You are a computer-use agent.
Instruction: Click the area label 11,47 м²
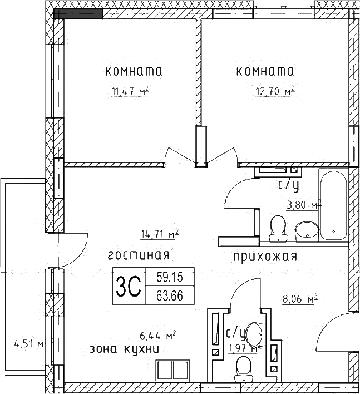point(132,92)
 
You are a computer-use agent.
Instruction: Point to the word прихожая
point(265,257)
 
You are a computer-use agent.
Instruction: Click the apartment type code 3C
point(127,287)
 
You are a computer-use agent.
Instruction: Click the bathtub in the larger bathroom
point(333,205)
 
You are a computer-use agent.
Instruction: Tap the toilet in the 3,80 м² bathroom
point(276,229)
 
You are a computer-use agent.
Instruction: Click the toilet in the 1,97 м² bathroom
point(243,368)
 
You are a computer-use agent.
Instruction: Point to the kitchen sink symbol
point(172,370)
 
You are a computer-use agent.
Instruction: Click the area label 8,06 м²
point(299,299)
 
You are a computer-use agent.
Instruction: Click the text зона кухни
point(125,350)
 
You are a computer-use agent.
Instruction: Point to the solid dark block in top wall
point(78,13)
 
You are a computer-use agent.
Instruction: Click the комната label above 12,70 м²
point(265,72)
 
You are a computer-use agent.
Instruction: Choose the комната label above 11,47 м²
point(134,72)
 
